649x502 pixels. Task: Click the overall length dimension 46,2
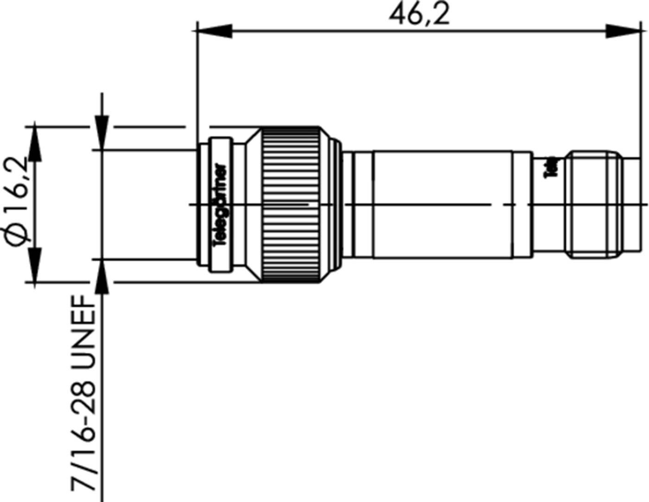point(419,15)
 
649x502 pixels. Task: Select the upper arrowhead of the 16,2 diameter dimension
point(35,144)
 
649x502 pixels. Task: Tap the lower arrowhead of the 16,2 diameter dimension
point(35,264)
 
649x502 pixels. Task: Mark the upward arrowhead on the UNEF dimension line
point(102,277)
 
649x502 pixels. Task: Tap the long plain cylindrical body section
point(442,204)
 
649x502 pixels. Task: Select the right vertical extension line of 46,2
point(641,88)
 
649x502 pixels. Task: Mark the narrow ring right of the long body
point(523,204)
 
